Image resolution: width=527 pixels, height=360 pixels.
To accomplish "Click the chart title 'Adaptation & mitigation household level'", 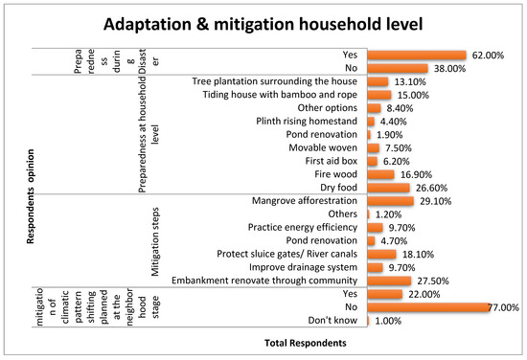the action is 263,24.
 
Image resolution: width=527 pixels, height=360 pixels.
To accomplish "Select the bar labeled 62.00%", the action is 417,56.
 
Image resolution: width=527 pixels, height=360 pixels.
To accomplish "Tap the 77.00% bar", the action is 428,307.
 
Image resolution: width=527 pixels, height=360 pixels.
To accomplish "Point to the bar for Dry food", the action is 388,188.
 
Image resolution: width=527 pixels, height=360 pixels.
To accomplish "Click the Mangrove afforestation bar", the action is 391,201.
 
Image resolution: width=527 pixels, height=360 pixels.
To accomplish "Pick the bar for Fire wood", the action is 380,174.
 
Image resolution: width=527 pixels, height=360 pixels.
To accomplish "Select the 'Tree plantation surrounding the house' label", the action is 275,81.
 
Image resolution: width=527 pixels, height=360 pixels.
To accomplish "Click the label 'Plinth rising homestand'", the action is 307,122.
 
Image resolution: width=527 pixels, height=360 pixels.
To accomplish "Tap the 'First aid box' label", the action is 332,161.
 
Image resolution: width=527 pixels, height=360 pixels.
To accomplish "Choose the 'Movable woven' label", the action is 323,147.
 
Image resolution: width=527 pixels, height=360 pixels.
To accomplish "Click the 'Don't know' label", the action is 332,321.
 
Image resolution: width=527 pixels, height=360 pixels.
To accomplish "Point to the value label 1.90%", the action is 390,135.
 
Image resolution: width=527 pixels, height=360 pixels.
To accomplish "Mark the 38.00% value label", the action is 449,69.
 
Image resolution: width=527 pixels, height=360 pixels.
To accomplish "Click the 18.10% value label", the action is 418,255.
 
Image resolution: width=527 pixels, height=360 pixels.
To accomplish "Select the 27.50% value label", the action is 433,281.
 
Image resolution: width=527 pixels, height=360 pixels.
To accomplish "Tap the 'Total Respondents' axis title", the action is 305,343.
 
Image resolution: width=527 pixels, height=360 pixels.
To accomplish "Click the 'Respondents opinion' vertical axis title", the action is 31,196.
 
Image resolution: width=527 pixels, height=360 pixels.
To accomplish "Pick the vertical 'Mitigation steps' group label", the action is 155,242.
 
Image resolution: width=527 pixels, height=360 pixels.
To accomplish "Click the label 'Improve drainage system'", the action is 303,267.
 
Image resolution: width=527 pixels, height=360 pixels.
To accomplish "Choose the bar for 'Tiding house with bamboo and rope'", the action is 379,95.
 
